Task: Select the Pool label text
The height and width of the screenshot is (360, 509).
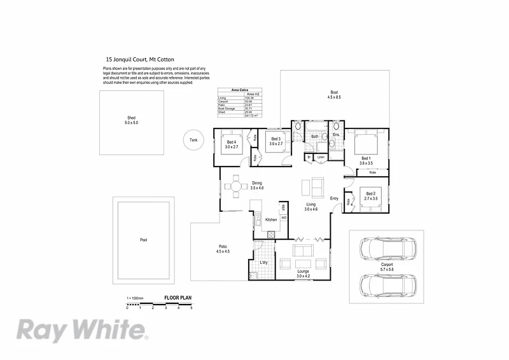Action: coord(143,240)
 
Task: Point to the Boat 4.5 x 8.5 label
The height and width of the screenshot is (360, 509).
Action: coord(334,94)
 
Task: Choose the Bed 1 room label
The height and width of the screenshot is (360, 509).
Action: coord(365,160)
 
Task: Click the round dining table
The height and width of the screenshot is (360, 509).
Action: coord(237,187)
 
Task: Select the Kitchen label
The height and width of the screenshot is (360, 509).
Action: coord(270,219)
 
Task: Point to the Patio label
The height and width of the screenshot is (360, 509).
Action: coord(223,249)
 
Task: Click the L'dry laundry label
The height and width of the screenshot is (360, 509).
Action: coord(263,263)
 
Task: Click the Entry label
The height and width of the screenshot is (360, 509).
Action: coord(334,198)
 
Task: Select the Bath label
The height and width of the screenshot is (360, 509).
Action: coord(314,136)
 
